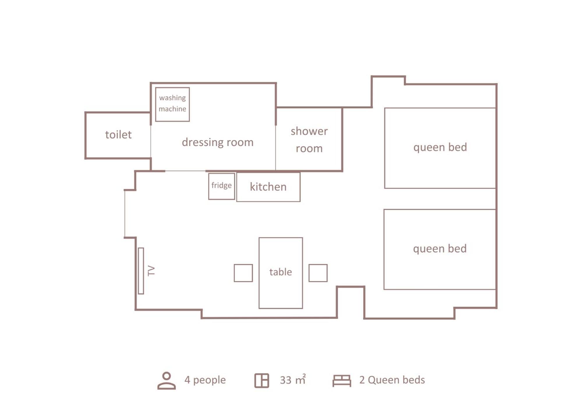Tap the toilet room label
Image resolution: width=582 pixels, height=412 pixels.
[x=118, y=135]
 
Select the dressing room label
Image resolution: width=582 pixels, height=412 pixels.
[x=217, y=142]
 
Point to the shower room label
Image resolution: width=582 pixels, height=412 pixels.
[x=309, y=140]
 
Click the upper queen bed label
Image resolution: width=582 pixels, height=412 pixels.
[x=440, y=147]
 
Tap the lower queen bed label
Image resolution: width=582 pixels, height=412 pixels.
[x=440, y=249]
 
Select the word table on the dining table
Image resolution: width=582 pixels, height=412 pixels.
[x=280, y=272]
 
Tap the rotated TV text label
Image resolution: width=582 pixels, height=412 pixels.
[x=151, y=271]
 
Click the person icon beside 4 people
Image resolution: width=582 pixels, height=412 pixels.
[x=167, y=380]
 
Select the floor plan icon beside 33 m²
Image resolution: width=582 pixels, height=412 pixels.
[x=262, y=380]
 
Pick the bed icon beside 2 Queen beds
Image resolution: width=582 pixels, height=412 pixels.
[x=342, y=381]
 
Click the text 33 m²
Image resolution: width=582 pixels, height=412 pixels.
[x=293, y=380]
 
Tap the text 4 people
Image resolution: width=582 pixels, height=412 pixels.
[x=205, y=380]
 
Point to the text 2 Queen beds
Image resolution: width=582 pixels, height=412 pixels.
[x=392, y=380]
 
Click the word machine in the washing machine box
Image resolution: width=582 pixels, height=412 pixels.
[x=172, y=109]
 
